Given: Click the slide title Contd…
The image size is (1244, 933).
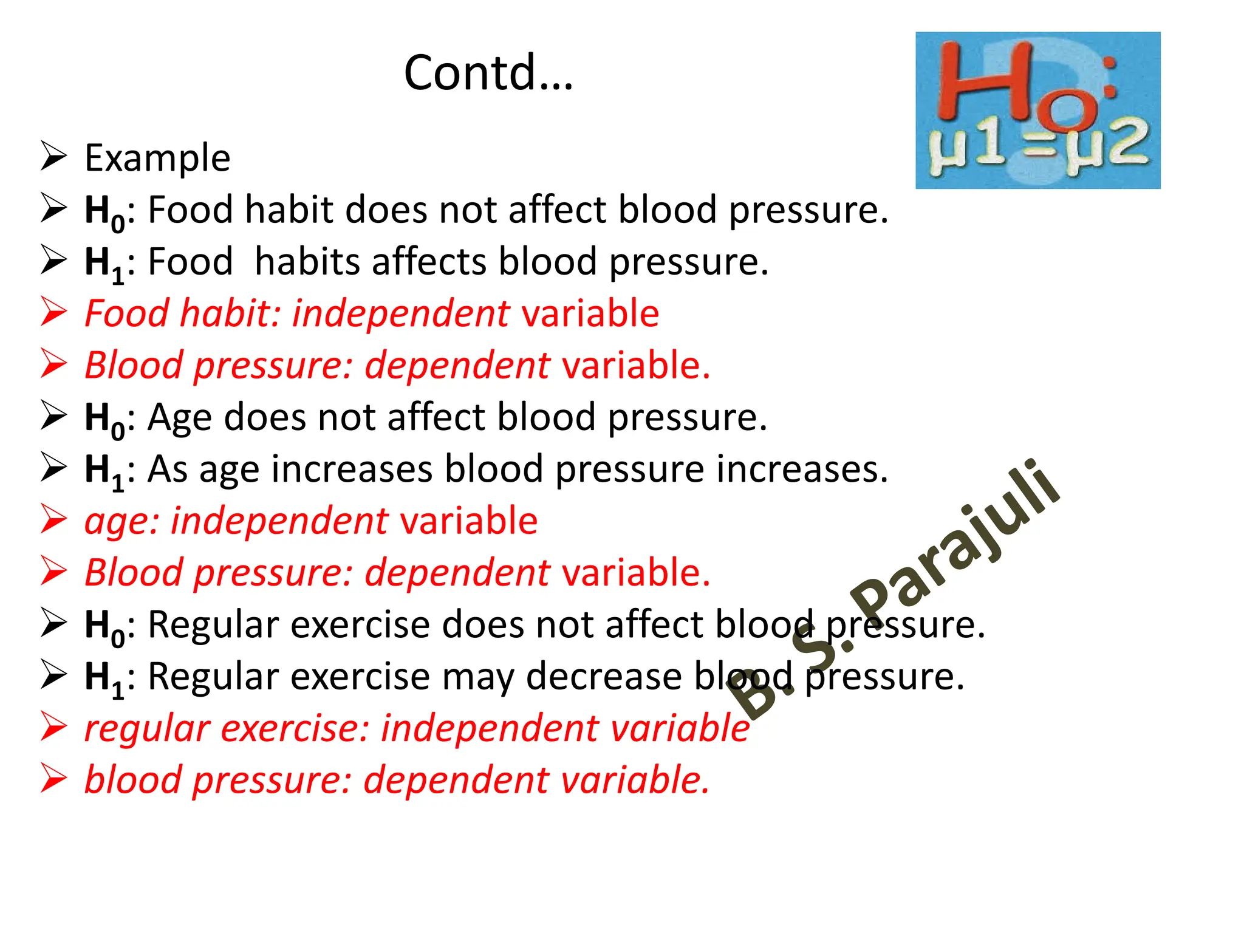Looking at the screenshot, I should click(488, 72).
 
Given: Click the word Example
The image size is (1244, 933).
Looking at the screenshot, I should click(157, 158).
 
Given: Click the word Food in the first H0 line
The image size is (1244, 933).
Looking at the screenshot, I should click(190, 210).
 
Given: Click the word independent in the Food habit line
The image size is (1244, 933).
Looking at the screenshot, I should click(400, 313).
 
